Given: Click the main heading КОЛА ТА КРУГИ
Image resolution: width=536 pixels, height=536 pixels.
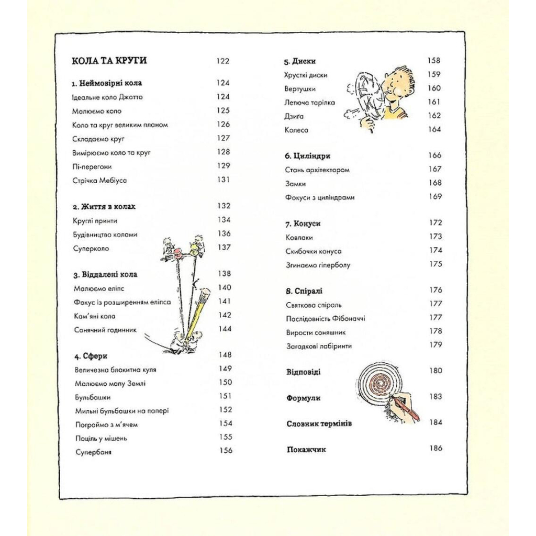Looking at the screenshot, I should [109, 61].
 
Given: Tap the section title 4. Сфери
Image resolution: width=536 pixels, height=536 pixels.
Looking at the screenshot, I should [91, 356].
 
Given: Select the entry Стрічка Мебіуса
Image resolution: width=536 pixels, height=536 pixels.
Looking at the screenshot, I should [100, 181].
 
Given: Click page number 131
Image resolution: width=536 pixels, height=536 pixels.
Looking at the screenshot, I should [224, 180].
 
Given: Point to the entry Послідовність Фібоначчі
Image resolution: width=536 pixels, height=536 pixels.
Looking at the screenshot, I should [325, 318].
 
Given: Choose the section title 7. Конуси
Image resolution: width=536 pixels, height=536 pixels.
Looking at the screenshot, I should [303, 224].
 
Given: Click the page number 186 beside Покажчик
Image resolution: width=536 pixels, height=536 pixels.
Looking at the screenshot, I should [435, 448].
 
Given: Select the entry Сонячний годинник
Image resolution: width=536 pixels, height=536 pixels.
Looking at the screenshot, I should [105, 330].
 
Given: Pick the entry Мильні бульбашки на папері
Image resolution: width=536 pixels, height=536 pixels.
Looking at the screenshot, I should [121, 411].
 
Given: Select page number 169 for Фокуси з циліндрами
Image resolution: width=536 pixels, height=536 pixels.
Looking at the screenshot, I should [435, 197].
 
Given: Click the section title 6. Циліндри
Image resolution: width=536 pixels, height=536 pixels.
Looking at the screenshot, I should [307, 156].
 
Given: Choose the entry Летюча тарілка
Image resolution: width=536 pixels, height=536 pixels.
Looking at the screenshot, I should [310, 103].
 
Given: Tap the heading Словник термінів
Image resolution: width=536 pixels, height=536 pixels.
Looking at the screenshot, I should [319, 423].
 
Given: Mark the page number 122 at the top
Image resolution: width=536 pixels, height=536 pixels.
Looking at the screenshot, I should [222, 61].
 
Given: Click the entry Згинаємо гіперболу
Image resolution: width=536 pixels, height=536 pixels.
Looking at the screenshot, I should [318, 265].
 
